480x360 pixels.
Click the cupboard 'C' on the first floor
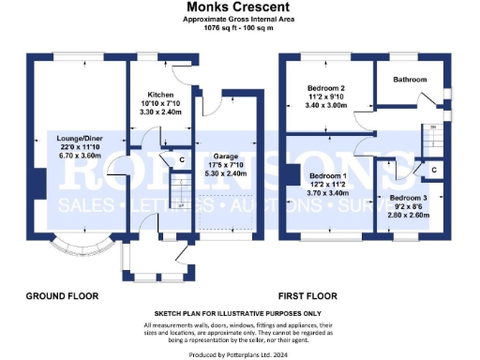coord(434,169)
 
